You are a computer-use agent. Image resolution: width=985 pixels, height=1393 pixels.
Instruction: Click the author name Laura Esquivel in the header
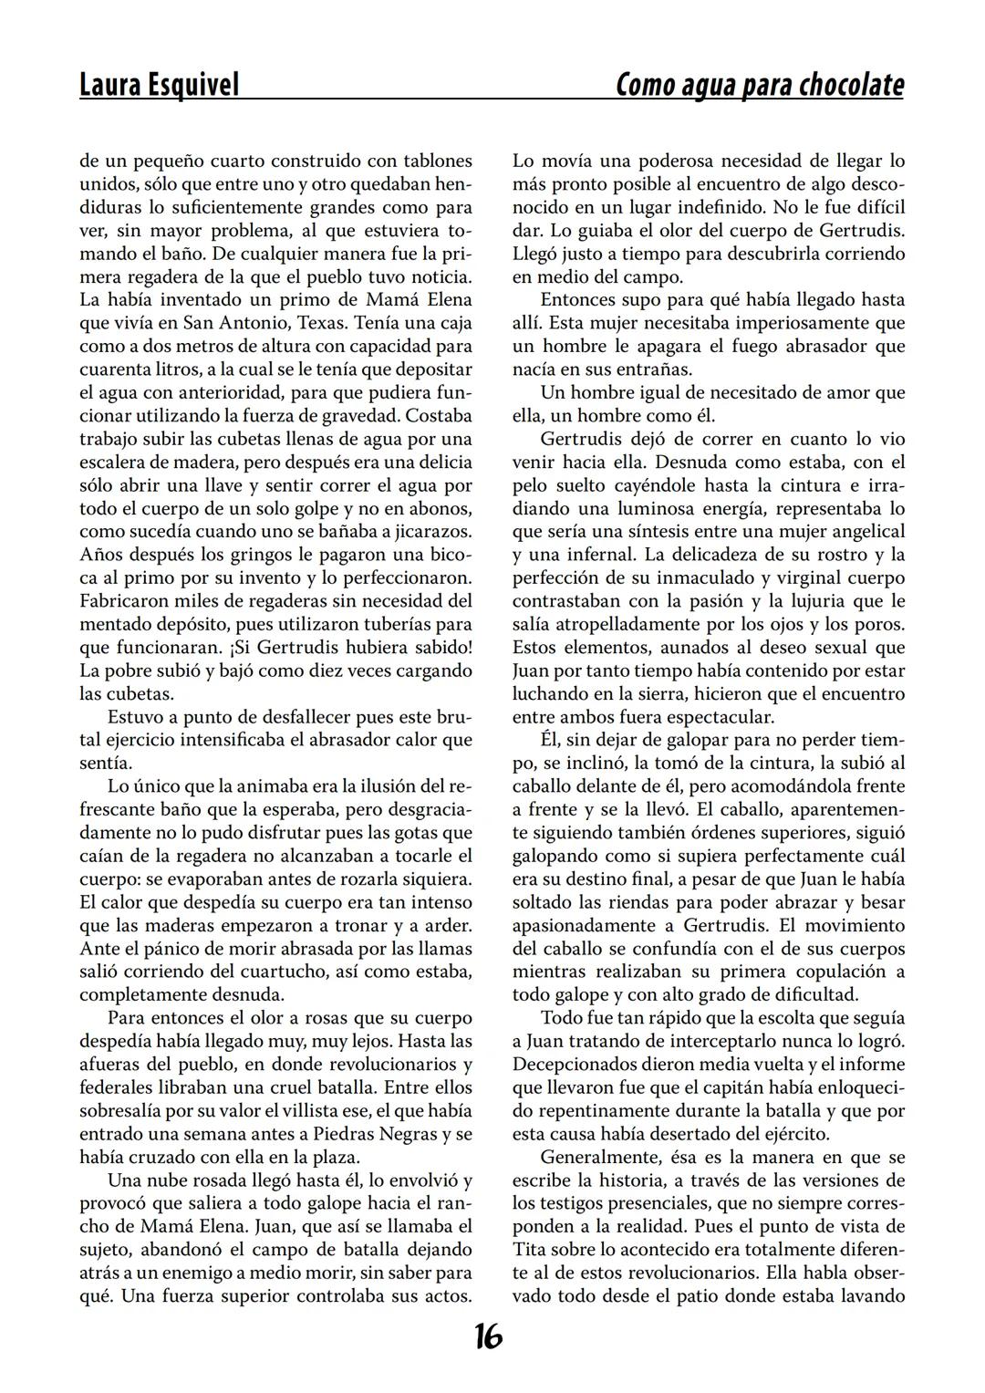(x=160, y=85)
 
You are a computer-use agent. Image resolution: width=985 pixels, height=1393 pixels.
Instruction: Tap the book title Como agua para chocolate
(x=760, y=85)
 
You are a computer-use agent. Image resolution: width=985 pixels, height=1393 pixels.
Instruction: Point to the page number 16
(x=488, y=1337)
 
